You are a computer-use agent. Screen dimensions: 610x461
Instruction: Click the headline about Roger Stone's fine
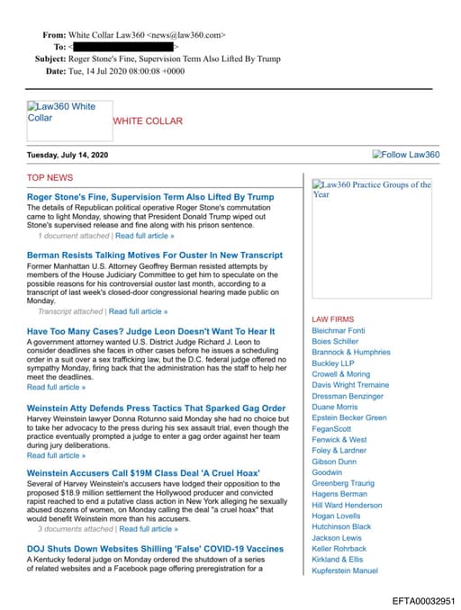coord(150,196)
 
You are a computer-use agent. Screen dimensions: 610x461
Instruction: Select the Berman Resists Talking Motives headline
coord(155,256)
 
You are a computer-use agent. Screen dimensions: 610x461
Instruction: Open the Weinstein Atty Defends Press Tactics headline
coord(156,408)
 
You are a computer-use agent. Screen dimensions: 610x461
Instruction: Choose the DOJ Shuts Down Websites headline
coord(155,548)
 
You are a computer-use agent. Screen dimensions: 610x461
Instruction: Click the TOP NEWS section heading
coord(50,178)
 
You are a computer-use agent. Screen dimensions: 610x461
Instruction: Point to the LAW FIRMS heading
coord(332,319)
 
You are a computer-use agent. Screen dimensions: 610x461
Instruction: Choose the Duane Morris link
coord(334,407)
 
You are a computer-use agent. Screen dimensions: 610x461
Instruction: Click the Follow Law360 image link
coord(406,155)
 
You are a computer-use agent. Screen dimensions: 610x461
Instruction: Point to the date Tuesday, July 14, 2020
coord(68,155)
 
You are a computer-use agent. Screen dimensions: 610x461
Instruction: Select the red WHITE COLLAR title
coord(147,121)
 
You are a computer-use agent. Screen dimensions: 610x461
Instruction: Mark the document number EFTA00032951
coord(424,600)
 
